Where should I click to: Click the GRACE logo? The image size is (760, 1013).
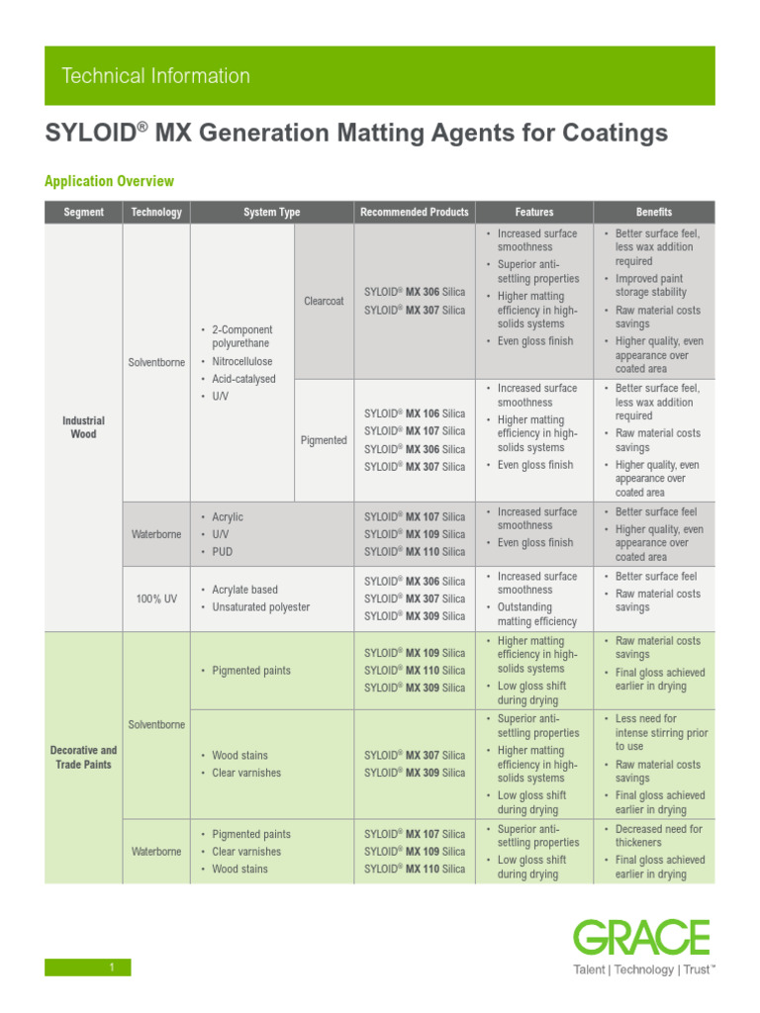click(642, 938)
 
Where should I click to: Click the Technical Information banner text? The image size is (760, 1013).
click(155, 76)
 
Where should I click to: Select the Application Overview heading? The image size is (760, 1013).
click(109, 181)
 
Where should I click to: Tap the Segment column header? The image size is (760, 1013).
click(83, 212)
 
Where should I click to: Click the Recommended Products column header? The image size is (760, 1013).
click(415, 212)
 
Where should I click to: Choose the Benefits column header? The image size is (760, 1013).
click(653, 212)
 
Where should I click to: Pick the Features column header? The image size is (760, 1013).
click(534, 212)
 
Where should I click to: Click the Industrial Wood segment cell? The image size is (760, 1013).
click(83, 427)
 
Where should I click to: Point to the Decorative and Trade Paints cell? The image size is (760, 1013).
click(83, 758)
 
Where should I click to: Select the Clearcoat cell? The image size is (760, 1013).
click(324, 301)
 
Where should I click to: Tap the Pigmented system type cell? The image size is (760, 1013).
click(324, 440)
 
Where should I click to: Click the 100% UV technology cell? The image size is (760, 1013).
click(156, 599)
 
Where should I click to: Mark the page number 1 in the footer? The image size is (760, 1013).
click(113, 967)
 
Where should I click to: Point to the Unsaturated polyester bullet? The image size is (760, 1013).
click(260, 606)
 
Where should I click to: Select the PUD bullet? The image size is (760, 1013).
click(223, 551)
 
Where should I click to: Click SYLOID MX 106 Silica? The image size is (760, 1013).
click(415, 414)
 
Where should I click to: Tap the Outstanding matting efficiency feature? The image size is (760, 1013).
click(536, 614)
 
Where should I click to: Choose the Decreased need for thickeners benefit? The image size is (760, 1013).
click(658, 836)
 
